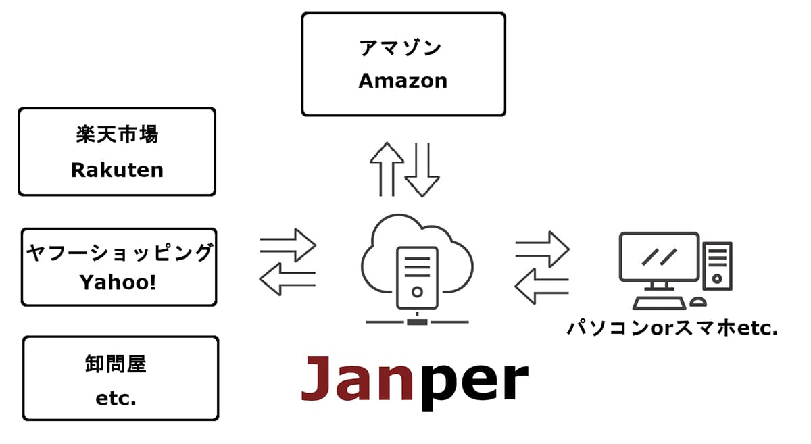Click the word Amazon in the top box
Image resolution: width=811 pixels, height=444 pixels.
pos(403,80)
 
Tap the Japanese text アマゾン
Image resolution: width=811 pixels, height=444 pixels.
pos(403,48)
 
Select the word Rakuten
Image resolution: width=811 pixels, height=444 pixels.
pos(117,170)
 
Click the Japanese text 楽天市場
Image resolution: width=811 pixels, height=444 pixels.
pos(117,134)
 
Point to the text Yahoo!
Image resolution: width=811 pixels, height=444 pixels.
pos(118,282)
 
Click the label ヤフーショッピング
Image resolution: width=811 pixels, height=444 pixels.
pos(119,253)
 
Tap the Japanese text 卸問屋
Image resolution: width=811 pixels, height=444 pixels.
pos(120,365)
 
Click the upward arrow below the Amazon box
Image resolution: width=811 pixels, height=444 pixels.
pos(387,168)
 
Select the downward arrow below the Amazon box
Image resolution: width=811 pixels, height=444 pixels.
pos(423,168)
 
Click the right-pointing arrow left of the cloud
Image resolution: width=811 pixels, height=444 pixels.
pos(288,245)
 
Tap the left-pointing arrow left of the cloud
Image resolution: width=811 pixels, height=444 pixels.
pos(288,278)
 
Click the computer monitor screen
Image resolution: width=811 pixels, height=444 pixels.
pos(659,257)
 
